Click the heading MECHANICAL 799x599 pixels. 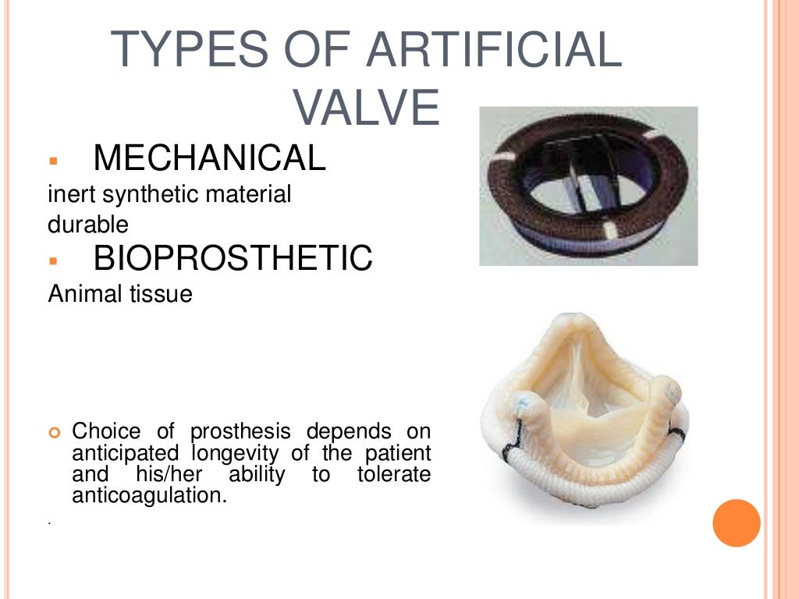pyautogui.click(x=209, y=158)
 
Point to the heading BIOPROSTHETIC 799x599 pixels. pyautogui.click(x=233, y=258)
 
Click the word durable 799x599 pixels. pyautogui.click(x=87, y=225)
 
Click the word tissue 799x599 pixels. pyautogui.click(x=158, y=295)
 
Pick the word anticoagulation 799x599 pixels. pyautogui.click(x=148, y=494)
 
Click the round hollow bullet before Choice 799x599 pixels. pyautogui.click(x=54, y=432)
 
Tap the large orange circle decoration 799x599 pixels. pyautogui.click(x=736, y=522)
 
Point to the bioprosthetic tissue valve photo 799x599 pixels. pyautogui.click(x=583, y=417)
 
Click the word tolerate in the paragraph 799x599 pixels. pyautogui.click(x=394, y=474)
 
